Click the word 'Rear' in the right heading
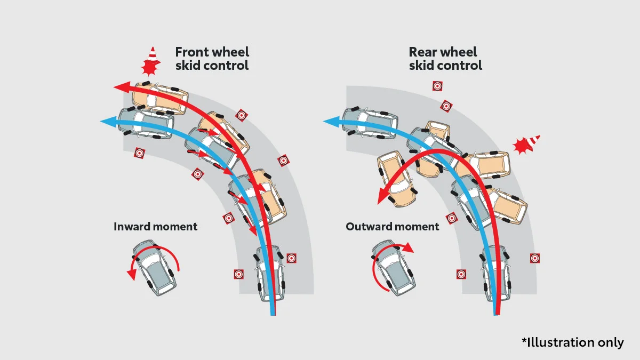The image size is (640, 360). pyautogui.click(x=423, y=52)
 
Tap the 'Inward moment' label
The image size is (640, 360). pyautogui.click(x=155, y=227)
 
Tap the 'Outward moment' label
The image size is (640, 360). pyautogui.click(x=393, y=227)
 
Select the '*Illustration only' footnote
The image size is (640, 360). pyautogui.click(x=573, y=342)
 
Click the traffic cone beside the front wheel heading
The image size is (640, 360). pyautogui.click(x=153, y=54)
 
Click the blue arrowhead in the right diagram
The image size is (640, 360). pyautogui.click(x=331, y=122)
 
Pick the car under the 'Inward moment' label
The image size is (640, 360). pyautogui.click(x=154, y=268)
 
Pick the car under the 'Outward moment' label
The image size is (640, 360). pyautogui.click(x=394, y=268)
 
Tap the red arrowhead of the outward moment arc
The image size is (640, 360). pyautogui.click(x=408, y=248)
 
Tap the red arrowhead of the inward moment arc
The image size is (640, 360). pyautogui.click(x=132, y=275)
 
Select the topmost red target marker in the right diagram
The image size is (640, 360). pyautogui.click(x=437, y=86)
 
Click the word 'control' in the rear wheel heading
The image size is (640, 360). pyautogui.click(x=460, y=66)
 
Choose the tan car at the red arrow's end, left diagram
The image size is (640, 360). pyautogui.click(x=160, y=99)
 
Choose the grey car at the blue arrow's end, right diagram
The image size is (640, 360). pyautogui.click(x=370, y=123)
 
